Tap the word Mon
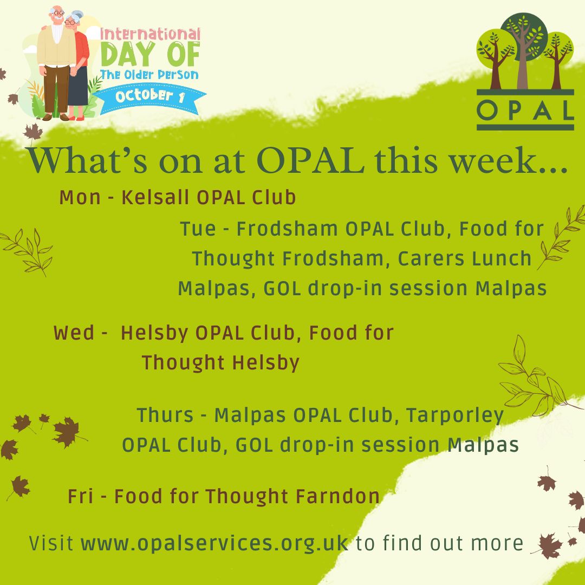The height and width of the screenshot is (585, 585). click(80, 197)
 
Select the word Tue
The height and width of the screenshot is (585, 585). click(198, 229)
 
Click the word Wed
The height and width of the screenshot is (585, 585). click(74, 333)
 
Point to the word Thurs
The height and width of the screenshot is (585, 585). click(165, 415)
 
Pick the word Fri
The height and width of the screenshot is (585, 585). click(80, 496)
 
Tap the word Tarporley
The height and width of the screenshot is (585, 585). click(455, 415)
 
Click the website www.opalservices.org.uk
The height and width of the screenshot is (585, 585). click(214, 543)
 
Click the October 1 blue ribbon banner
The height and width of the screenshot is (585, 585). click(149, 97)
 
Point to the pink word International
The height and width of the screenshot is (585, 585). click(151, 34)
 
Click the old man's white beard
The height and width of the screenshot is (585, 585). click(57, 33)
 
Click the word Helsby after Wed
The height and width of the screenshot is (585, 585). click(154, 333)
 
